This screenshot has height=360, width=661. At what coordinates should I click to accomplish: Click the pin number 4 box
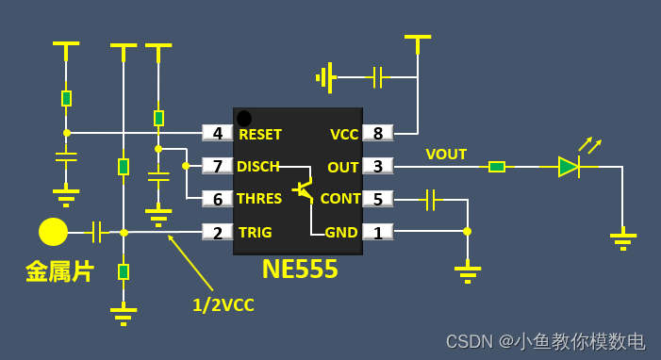(218, 134)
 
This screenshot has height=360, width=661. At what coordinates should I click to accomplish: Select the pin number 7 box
(218, 166)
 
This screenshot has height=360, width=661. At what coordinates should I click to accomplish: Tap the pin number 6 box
(218, 199)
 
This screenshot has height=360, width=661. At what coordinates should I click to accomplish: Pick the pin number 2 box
(218, 232)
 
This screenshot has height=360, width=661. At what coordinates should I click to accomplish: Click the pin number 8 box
(378, 134)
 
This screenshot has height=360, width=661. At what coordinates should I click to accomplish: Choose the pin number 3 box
(378, 167)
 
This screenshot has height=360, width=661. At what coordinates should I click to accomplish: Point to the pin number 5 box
(378, 199)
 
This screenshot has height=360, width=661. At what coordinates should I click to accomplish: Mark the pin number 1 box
(378, 232)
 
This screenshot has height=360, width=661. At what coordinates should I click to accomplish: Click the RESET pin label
(260, 134)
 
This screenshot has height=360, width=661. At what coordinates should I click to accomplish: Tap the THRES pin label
(260, 199)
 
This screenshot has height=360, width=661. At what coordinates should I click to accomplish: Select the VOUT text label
(446, 154)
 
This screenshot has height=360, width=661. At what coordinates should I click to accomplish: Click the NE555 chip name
(300, 270)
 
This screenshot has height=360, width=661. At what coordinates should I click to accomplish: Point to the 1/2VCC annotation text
(223, 304)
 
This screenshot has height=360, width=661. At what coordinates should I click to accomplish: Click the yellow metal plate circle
(53, 232)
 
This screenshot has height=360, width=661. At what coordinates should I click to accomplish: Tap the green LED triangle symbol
(568, 167)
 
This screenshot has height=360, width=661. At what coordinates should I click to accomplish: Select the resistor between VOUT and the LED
(496, 167)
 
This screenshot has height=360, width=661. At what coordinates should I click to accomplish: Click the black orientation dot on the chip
(244, 118)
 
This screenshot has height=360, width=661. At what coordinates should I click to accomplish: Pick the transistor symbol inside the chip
(303, 189)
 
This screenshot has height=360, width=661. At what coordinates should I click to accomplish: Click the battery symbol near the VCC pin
(327, 77)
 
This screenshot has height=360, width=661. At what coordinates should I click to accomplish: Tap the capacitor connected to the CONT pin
(430, 199)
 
